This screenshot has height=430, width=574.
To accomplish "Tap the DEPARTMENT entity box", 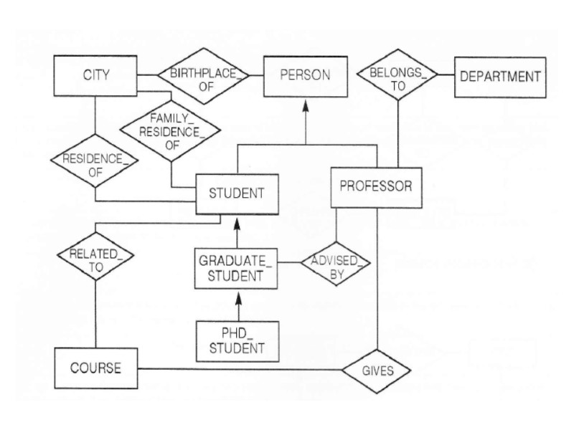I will tap(499, 76).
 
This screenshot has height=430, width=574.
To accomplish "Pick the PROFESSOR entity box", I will tap(375, 186).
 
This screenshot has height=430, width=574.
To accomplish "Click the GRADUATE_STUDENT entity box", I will tap(236, 266).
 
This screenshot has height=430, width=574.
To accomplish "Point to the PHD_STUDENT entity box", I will tap(236, 339).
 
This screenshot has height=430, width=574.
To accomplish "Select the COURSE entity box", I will tap(95, 368).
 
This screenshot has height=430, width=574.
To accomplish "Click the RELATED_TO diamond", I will tap(95, 258).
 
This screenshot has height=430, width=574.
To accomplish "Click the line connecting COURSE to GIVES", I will tap(237, 371).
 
